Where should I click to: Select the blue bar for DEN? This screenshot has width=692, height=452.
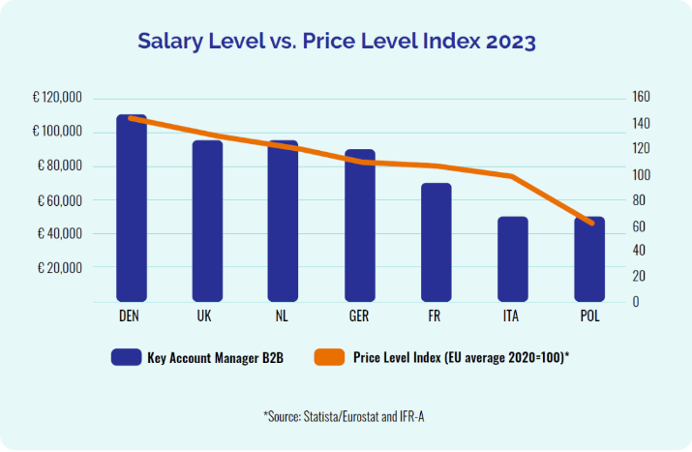click(132, 207)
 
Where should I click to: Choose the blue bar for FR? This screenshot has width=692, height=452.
click(436, 242)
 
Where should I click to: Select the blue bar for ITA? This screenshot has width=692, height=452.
click(513, 258)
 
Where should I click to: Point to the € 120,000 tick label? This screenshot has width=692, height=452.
click(57, 98)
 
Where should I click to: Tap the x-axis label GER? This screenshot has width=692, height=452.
click(360, 316)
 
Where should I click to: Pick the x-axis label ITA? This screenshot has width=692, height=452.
click(513, 316)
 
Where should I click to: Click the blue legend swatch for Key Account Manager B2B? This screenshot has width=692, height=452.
click(125, 357)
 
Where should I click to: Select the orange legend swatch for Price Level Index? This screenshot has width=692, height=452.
click(330, 357)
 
